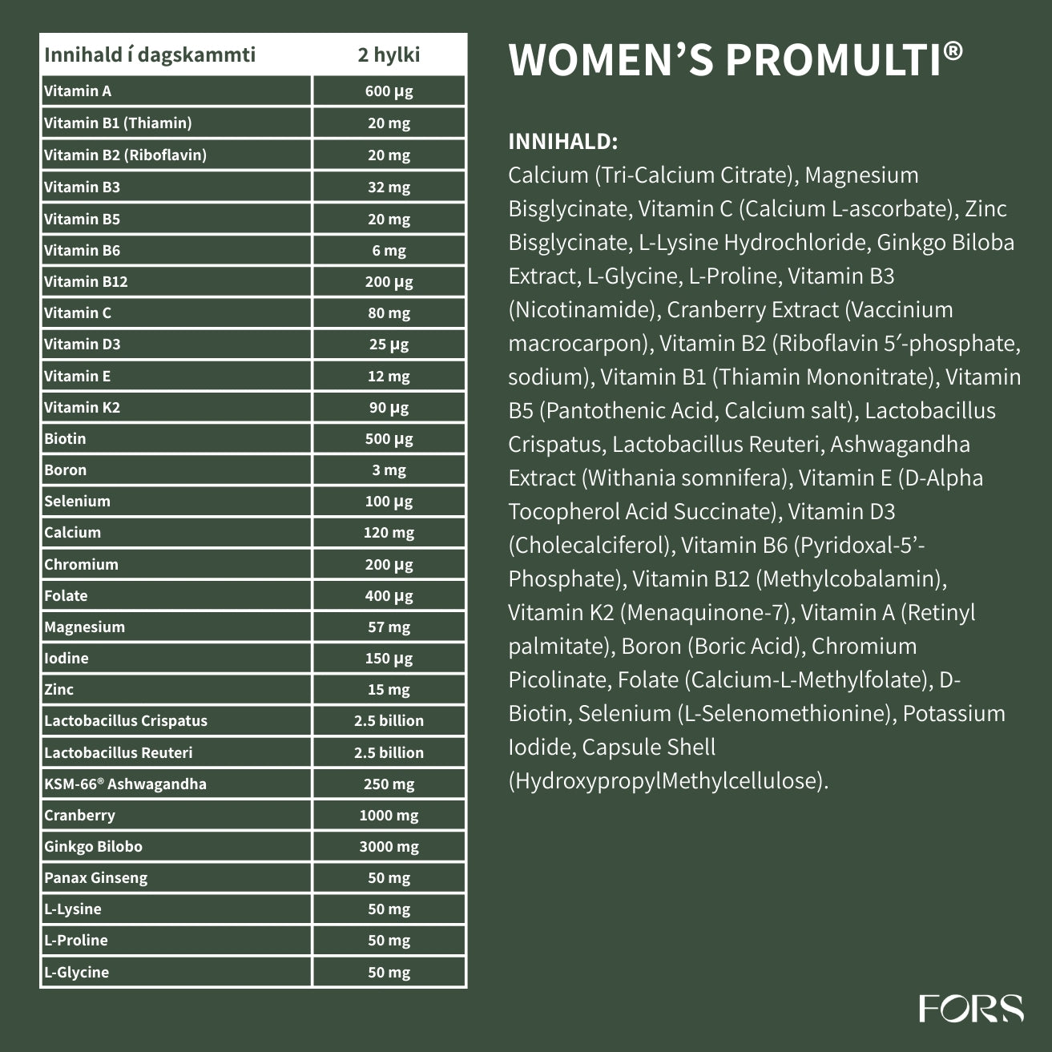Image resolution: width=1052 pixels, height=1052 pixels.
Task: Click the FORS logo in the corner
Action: pyautogui.click(x=970, y=1008)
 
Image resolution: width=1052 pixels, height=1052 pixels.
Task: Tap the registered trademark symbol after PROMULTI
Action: pyautogui.click(x=953, y=52)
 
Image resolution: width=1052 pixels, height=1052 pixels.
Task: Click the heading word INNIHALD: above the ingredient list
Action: pyautogui.click(x=562, y=142)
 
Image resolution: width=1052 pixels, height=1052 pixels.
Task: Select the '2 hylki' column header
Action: pyautogui.click(x=389, y=54)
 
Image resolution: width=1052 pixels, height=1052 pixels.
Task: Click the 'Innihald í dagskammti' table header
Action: pyautogui.click(x=150, y=54)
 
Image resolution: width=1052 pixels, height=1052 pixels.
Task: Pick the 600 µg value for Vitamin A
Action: pyautogui.click(x=389, y=91)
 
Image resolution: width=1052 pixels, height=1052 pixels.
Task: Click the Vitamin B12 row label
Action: pyautogui.click(x=86, y=281)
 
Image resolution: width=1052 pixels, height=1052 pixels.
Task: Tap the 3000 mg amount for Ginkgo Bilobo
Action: pyautogui.click(x=389, y=846)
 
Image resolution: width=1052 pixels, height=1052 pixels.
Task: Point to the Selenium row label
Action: pyautogui.click(x=77, y=501)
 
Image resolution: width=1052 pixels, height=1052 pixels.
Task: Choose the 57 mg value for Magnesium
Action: pyautogui.click(x=389, y=627)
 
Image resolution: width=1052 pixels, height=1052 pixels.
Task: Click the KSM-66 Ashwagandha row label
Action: pyautogui.click(x=125, y=784)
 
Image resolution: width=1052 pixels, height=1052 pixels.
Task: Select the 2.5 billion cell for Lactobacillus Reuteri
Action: pyautogui.click(x=389, y=752)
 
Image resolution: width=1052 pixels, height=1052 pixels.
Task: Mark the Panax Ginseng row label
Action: pyautogui.click(x=95, y=877)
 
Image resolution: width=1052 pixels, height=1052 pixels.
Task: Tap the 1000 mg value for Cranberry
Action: pyautogui.click(x=389, y=815)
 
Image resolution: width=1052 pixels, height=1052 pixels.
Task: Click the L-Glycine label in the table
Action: pyautogui.click(x=76, y=972)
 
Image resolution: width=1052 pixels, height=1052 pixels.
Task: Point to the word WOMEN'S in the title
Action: pyautogui.click(x=611, y=60)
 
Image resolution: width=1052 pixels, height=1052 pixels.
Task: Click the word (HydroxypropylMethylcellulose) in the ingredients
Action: pyautogui.click(x=667, y=780)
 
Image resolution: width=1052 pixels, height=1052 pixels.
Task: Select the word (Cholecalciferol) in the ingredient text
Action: pyautogui.click(x=590, y=545)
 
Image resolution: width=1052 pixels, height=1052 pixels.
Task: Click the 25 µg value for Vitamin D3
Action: pyautogui.click(x=389, y=344)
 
